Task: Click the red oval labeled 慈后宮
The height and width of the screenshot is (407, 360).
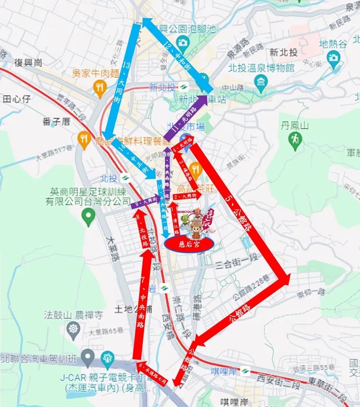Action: click(189, 244)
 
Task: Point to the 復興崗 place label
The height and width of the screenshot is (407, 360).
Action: click(29, 63)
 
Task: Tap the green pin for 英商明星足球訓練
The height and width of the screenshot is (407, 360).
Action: click(87, 218)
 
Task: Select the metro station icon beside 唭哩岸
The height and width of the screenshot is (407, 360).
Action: click(245, 370)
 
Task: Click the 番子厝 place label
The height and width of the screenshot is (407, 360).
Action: click(56, 122)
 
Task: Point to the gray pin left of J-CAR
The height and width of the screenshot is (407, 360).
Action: click(87, 358)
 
